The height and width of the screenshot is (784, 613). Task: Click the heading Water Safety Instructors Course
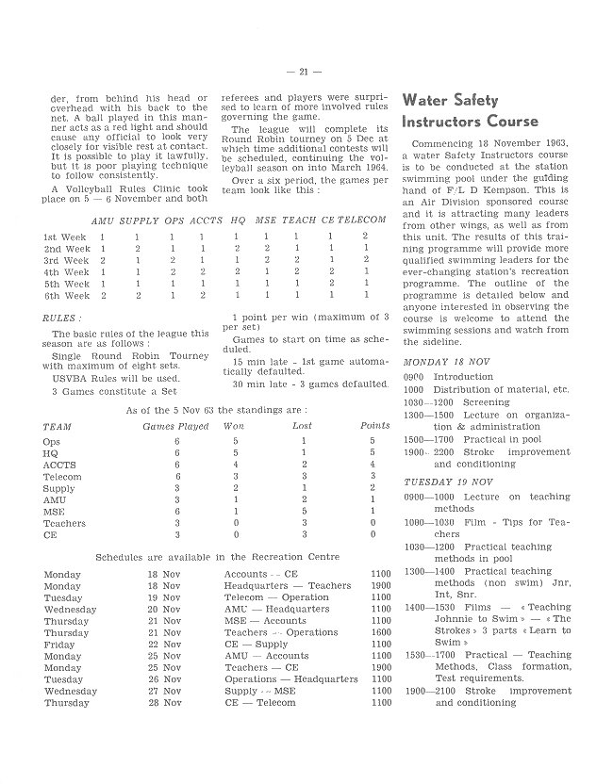click(x=470, y=111)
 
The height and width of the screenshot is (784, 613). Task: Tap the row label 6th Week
click(x=66, y=296)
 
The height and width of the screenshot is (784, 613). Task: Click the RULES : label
click(x=62, y=318)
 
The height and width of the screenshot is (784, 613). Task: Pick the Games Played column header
click(x=175, y=426)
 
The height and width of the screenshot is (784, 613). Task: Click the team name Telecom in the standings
click(x=62, y=477)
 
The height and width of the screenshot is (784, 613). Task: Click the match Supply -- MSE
click(x=259, y=691)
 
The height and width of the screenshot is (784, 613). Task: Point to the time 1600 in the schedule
click(x=380, y=632)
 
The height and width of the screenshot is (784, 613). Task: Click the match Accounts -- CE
click(x=260, y=573)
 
